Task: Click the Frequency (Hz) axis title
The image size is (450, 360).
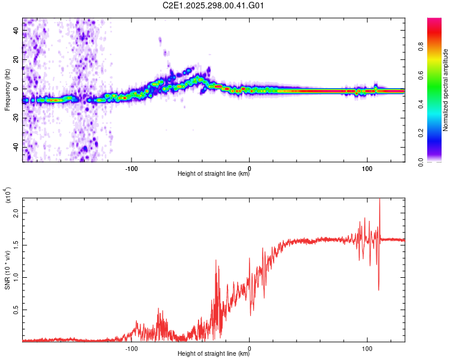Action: [x=7, y=90]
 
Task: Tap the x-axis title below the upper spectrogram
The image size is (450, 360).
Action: [x=214, y=174]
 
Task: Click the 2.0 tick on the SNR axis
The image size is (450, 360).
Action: [x=16, y=213]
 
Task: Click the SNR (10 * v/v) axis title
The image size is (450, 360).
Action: [x=7, y=270]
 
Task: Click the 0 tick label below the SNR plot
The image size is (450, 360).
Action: [x=250, y=347]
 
